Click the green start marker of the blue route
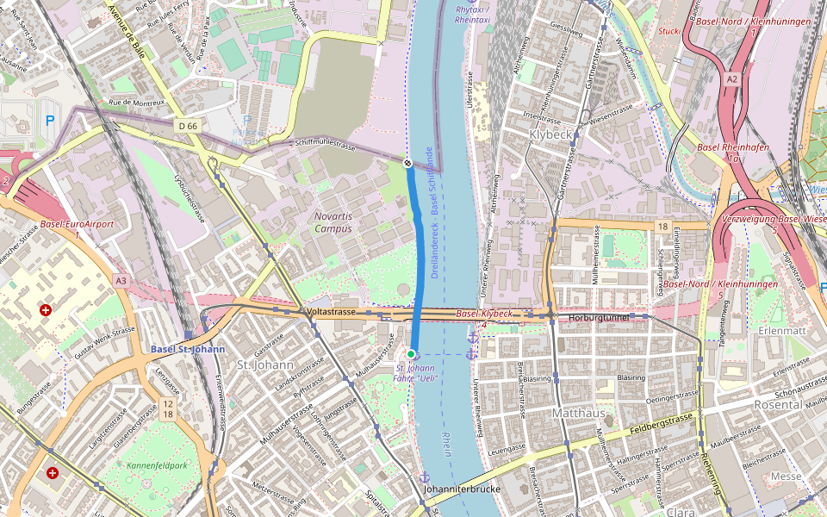tap(412, 354)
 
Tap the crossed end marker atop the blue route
tap(407, 162)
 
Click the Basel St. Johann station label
tap(188, 349)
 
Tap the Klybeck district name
tap(552, 135)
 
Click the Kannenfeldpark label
tap(156, 465)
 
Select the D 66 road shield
tap(188, 126)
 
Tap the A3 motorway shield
tap(121, 280)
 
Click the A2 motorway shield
tap(731, 78)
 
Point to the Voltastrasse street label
tap(332, 311)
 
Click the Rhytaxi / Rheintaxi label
tap(472, 14)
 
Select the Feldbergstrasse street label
tap(662, 422)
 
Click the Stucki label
tap(668, 31)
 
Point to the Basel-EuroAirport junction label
tap(77, 228)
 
